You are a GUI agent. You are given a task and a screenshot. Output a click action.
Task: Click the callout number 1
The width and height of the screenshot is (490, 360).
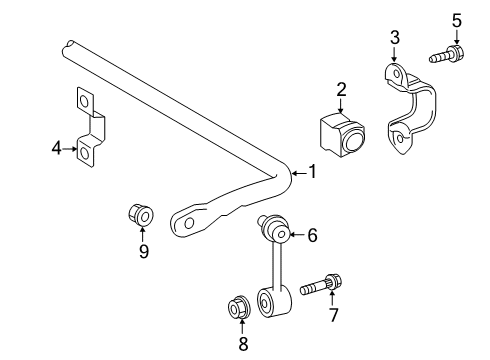(x=312, y=172)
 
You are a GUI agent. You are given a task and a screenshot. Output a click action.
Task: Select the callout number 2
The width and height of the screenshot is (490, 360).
(x=341, y=90)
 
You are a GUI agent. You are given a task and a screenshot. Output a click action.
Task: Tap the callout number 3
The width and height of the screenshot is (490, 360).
(x=394, y=38)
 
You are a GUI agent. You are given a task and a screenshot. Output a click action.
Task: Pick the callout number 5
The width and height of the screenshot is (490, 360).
(x=457, y=19)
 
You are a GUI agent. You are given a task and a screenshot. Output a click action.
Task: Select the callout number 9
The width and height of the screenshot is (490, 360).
(x=143, y=252)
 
